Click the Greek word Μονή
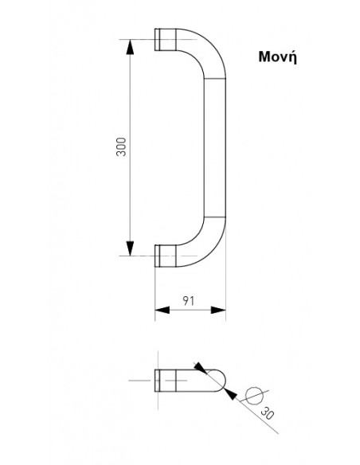click(x=277, y=57)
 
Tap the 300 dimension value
click(x=121, y=147)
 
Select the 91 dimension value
click(x=188, y=301)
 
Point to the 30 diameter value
click(x=267, y=412)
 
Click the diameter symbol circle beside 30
click(x=254, y=396)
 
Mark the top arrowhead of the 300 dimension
click(x=130, y=47)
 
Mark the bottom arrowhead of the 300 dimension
click(x=130, y=248)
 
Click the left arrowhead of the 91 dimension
click(x=162, y=311)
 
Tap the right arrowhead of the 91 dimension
click(x=218, y=311)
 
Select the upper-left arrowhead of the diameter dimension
click(x=201, y=368)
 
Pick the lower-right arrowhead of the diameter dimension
click(x=230, y=394)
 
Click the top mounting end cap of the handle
click(x=165, y=40)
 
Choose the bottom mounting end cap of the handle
click(x=165, y=256)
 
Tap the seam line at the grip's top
click(x=215, y=78)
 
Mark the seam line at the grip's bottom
click(x=215, y=217)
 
